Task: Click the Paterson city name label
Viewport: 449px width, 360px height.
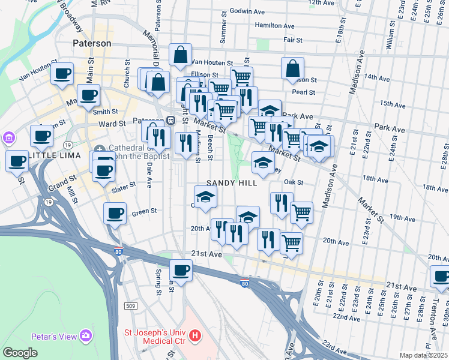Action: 91,44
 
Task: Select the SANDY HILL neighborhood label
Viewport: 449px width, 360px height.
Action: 228,182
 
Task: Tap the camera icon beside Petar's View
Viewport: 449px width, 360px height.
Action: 86,334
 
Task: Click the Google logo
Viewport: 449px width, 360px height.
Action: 20,353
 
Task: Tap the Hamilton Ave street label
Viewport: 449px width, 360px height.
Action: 274,26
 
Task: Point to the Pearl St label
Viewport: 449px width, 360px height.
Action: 303,92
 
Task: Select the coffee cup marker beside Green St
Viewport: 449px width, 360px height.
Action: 115,213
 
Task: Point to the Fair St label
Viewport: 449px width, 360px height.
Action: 292,40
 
